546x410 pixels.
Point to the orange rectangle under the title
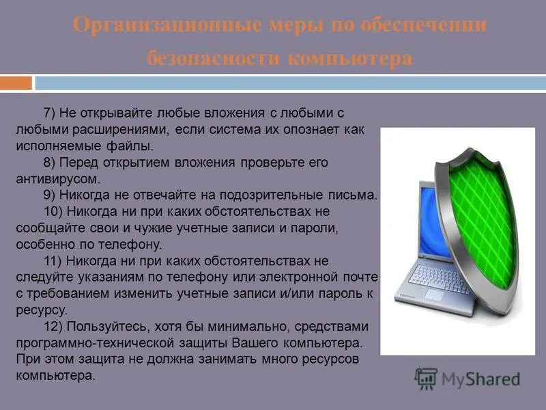[x=16, y=83]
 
